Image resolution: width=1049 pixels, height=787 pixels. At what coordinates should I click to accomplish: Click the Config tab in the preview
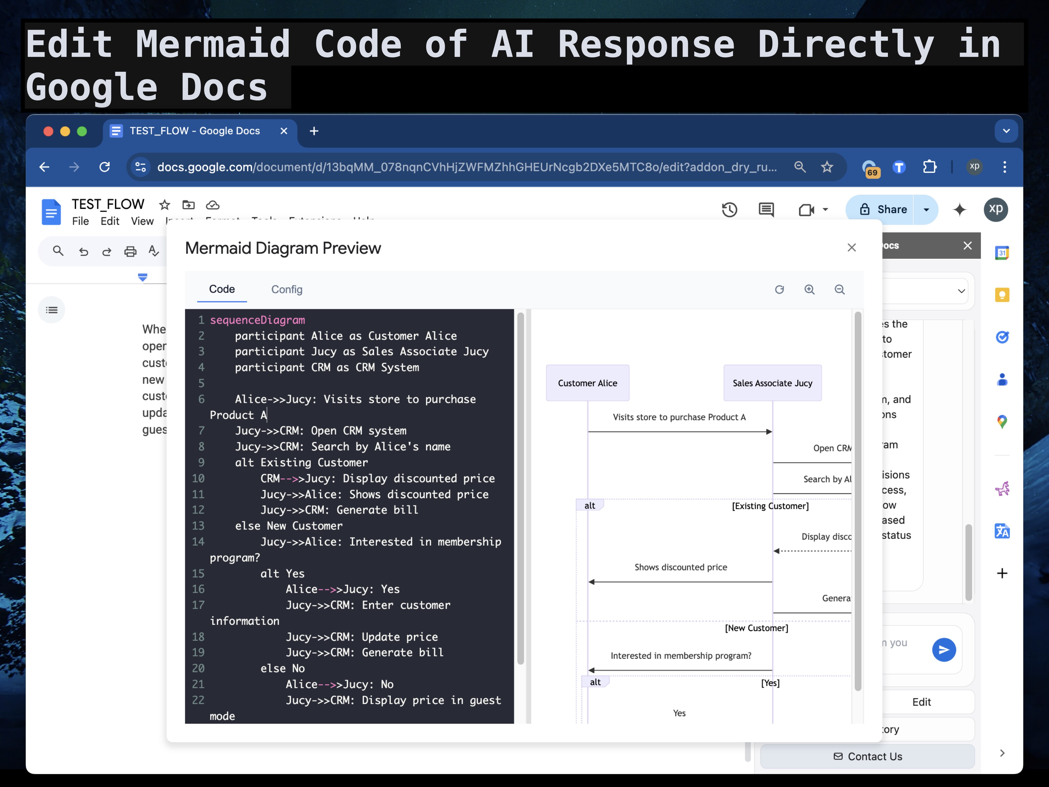click(286, 289)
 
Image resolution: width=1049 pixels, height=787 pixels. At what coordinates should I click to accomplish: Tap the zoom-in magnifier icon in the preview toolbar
click(809, 289)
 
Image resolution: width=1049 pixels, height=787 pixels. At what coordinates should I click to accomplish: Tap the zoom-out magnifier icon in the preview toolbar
click(840, 289)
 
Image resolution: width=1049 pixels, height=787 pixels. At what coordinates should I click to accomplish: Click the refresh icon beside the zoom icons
click(779, 289)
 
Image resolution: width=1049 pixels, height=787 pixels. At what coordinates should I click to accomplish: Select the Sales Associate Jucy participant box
click(772, 383)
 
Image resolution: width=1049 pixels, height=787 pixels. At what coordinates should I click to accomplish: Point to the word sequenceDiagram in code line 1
click(257, 320)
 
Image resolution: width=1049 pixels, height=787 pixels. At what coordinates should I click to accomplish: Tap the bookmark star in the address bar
click(827, 167)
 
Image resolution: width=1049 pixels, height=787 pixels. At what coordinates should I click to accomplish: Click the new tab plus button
click(314, 131)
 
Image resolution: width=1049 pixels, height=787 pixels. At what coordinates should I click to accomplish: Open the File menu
click(80, 221)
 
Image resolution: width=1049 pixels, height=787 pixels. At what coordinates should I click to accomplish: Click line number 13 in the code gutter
click(198, 526)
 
